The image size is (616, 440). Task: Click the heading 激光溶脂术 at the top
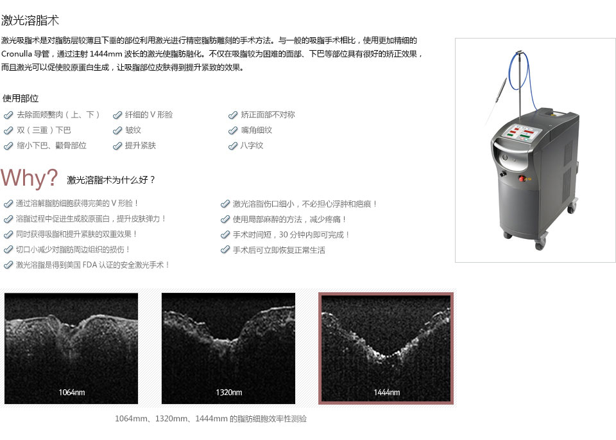(30, 21)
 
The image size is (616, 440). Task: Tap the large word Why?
(30, 178)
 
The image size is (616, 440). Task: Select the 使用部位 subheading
(21, 98)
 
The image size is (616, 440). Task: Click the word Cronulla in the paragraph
(16, 54)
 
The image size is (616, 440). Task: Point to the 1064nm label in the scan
(71, 392)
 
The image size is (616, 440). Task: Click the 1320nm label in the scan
(228, 392)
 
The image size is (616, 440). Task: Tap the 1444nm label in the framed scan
(386, 392)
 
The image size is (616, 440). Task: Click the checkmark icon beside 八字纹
(233, 146)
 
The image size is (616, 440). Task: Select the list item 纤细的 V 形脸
(149, 114)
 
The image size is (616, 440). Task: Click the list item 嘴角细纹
(256, 130)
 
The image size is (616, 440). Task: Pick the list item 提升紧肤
(141, 145)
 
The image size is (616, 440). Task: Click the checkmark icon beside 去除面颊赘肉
(8, 115)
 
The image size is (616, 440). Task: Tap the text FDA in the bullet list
(90, 265)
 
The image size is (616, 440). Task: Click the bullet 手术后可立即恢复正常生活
(279, 250)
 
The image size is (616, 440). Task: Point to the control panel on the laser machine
(523, 132)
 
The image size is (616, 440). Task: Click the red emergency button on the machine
(522, 179)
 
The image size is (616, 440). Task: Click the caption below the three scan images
(210, 419)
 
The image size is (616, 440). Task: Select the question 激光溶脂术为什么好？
(112, 180)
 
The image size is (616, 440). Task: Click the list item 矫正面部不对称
(268, 114)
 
